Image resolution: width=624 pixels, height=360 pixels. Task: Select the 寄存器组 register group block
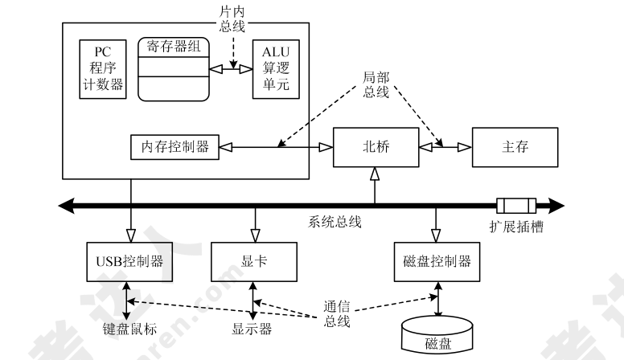(173, 68)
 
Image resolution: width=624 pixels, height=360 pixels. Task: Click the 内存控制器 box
(174, 147)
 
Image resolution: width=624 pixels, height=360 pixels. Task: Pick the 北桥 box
(376, 146)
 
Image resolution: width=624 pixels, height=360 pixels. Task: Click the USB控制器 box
(126, 260)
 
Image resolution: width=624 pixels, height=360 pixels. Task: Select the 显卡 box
(253, 260)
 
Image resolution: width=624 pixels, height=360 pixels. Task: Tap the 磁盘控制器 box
(435, 260)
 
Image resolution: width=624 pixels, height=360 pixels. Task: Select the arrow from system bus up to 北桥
(376, 185)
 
